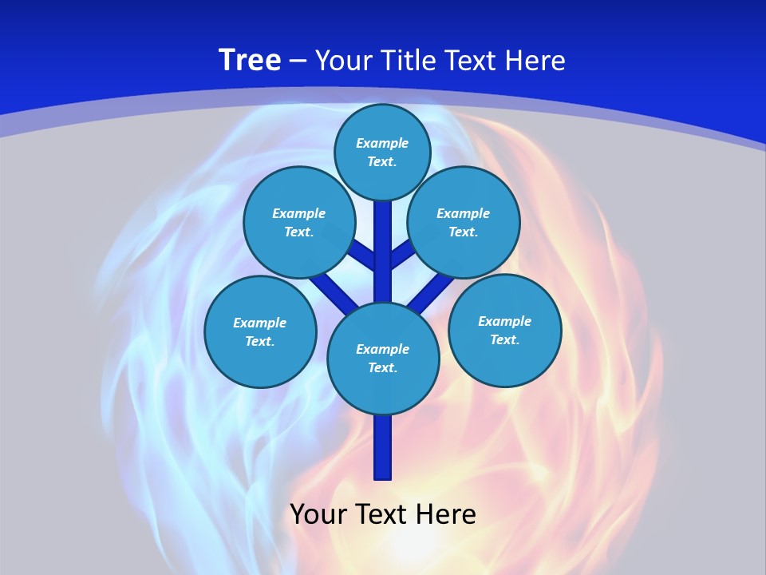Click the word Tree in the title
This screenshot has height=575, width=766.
point(250,61)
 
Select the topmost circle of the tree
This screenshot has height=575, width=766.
point(382,152)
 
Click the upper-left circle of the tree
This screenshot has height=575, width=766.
point(298,222)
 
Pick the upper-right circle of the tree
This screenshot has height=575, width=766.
point(463,222)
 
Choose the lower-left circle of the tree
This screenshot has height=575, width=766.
point(260,331)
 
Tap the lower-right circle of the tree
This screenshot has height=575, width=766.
point(504,330)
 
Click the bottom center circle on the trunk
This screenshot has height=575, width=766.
point(383,359)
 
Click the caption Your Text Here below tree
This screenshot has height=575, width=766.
point(383,514)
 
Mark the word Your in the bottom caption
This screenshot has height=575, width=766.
point(318,514)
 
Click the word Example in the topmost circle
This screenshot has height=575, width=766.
point(382,144)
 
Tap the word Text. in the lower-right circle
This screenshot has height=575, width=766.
point(504,339)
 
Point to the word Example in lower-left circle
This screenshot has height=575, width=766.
point(260,323)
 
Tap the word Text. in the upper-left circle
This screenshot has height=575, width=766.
point(298,232)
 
